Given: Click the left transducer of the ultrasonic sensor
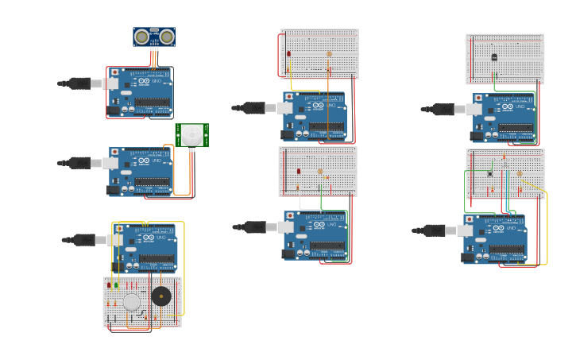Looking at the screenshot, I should (142, 37).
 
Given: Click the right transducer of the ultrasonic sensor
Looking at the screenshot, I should (167, 37).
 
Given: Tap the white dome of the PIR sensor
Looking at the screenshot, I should (192, 135).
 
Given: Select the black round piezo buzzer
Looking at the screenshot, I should (161, 296).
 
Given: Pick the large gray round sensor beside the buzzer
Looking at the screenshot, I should (132, 302).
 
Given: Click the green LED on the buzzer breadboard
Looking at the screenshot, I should (116, 285).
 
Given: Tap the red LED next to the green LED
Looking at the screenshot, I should (109, 285).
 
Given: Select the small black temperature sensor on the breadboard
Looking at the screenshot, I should (494, 57).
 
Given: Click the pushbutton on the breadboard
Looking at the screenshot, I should (490, 173).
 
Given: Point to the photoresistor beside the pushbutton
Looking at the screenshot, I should (519, 172).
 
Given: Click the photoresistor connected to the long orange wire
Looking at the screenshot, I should (329, 55).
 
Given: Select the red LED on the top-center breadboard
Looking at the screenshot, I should (288, 54).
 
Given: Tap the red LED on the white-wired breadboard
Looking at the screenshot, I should (299, 171).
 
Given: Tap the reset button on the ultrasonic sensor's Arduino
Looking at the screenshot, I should (114, 72).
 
